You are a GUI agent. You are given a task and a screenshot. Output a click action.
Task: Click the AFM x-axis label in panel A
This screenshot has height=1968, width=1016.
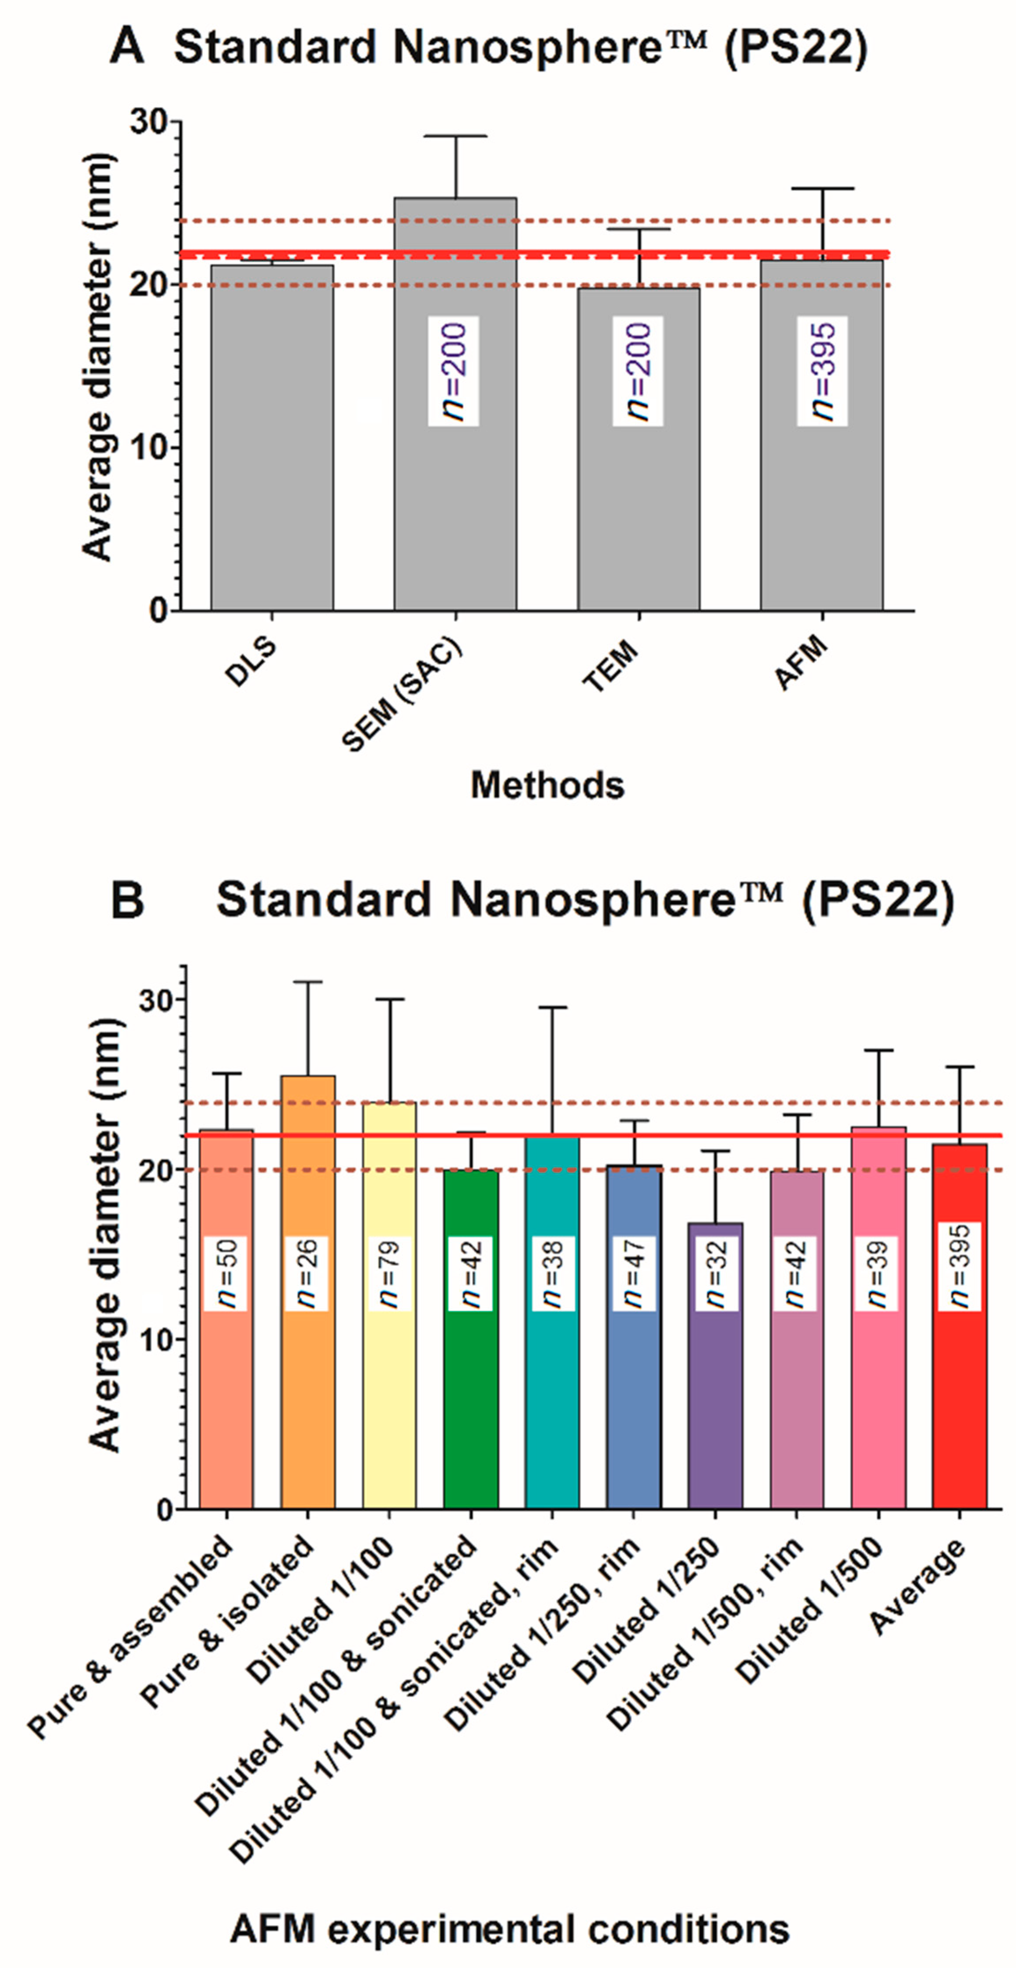pos(802,663)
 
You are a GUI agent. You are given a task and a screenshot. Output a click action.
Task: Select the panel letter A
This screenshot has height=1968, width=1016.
pos(127,48)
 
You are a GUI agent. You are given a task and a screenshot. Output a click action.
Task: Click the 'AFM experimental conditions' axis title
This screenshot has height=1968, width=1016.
pos(510,1929)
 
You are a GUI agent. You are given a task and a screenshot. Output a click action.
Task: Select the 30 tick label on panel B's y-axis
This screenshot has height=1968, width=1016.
pos(157,1000)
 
